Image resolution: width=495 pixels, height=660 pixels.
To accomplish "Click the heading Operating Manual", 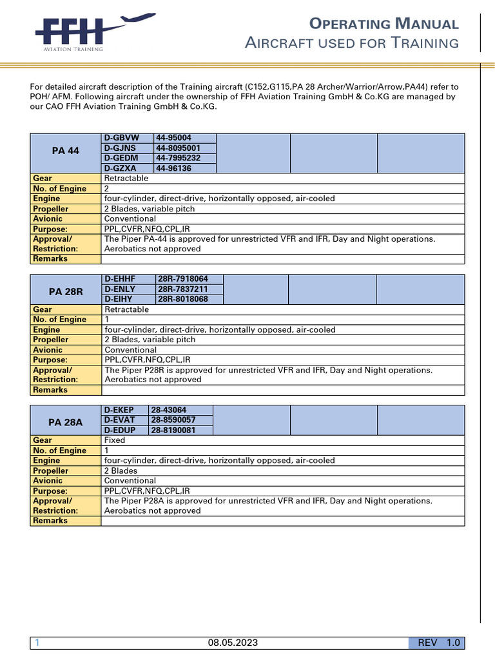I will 384,24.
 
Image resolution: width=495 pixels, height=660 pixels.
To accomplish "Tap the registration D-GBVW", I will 119,138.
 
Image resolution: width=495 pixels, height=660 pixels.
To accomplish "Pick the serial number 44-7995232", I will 178,158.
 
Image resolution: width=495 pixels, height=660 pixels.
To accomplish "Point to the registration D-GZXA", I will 119,168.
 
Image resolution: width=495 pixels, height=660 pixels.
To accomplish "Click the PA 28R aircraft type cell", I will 65,289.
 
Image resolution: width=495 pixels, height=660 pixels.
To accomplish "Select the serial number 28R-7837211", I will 182,289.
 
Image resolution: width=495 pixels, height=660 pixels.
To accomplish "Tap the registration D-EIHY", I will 120,299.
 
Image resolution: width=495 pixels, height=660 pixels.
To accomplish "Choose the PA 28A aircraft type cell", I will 65,420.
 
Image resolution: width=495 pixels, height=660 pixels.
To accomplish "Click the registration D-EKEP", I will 119,410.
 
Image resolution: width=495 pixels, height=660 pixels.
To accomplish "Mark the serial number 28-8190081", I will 173,430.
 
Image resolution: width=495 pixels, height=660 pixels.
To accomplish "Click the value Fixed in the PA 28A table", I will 115,440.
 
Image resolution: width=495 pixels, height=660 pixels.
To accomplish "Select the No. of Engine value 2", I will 107,188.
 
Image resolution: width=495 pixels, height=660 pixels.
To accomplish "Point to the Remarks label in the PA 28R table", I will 50,390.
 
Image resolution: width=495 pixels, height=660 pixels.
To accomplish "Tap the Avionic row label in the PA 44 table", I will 48,218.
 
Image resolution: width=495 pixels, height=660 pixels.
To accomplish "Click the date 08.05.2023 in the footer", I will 233,643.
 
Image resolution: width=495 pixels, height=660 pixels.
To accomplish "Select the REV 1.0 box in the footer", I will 436,643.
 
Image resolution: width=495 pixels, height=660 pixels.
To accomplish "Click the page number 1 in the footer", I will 37,643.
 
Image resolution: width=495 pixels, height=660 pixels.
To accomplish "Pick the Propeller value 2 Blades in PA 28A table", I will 121,471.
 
